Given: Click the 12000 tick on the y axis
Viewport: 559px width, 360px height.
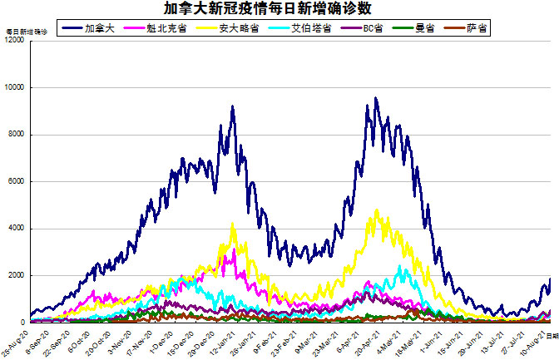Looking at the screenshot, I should point(14,41).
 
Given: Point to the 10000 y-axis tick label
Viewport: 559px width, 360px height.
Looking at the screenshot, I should point(14,87).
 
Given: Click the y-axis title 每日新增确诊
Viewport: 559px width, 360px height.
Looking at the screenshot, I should point(25,31).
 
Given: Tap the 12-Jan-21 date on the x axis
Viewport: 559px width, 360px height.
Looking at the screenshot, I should point(222,339).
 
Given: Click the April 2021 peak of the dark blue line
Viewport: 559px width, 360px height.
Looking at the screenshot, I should point(376,99).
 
